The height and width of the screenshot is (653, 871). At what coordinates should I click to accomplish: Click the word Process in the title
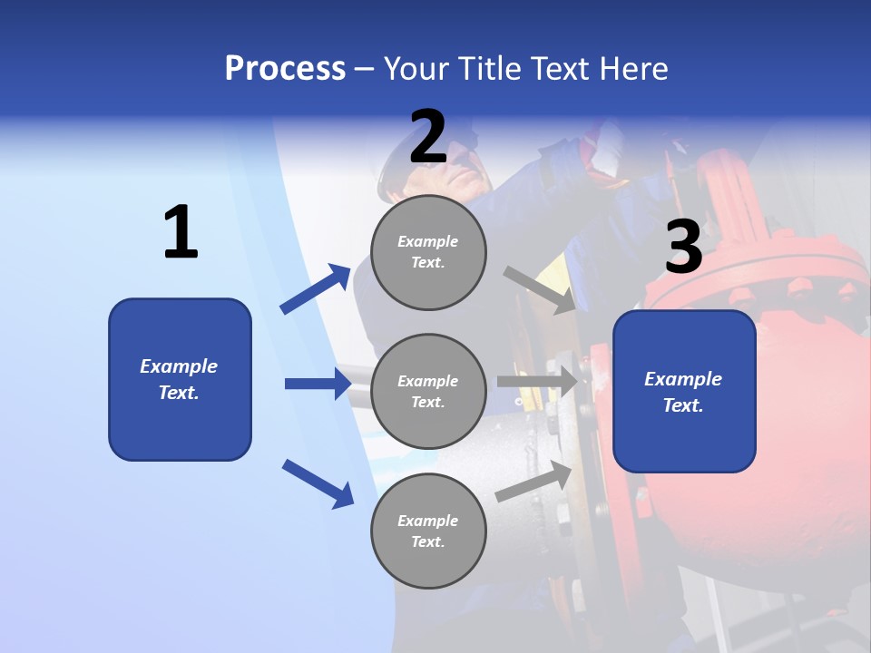point(285,69)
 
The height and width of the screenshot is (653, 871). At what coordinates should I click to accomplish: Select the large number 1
point(181,233)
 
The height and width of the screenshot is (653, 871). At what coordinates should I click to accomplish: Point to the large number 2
point(428,137)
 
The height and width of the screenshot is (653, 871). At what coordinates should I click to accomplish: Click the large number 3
point(683,248)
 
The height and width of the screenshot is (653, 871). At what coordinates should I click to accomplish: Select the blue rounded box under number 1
point(180,379)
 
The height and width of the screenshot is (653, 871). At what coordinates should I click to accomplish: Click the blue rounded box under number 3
point(684,392)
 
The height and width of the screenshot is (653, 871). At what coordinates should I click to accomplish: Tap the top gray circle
point(428,252)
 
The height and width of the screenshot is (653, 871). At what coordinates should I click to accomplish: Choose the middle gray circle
point(428,391)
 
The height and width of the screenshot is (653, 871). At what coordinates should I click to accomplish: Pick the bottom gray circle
point(428,531)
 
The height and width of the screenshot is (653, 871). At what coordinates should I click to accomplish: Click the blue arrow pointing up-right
point(316,288)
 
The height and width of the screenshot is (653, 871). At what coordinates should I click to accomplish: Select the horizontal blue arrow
point(318,384)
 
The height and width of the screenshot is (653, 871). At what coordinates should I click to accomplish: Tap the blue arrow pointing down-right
point(318,483)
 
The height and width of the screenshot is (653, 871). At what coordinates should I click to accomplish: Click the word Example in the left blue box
point(179,366)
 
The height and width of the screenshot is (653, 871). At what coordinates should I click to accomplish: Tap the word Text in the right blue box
point(682,405)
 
